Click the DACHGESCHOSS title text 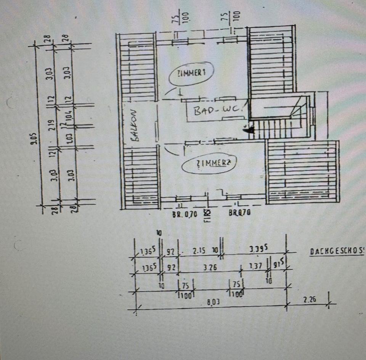tap(335, 252)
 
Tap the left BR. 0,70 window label tap(185, 214)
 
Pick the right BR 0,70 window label tap(239, 213)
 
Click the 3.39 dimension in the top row tap(257, 250)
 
